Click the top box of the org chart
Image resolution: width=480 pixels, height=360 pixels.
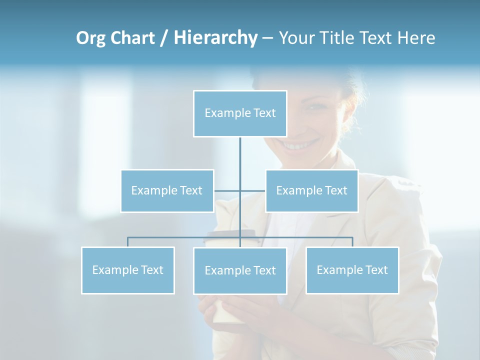pos(240,113)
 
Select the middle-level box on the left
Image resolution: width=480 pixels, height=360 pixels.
pos(167,190)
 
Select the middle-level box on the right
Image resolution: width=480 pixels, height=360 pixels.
pos(311,190)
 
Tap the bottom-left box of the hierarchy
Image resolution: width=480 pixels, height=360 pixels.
pos(128,270)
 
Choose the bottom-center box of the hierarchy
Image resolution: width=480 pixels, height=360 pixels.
pos(240,270)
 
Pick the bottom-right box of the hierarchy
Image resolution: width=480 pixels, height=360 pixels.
pos(352,270)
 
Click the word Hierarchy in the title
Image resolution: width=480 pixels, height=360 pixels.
pos(215,38)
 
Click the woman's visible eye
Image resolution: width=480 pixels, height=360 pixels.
pos(316,106)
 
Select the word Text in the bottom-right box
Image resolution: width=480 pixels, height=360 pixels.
pos(376,270)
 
